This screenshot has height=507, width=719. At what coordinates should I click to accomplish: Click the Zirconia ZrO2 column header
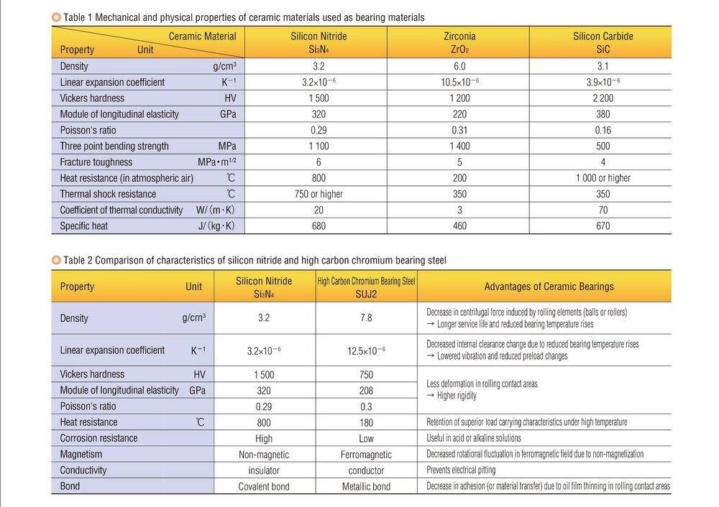tap(459, 42)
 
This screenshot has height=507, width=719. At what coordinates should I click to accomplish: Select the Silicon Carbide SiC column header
tap(603, 42)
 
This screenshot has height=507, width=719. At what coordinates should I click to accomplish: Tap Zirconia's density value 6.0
tap(459, 66)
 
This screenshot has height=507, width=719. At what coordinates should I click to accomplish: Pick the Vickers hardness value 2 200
tap(603, 98)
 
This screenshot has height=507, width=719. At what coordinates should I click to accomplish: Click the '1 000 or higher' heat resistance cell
tap(603, 178)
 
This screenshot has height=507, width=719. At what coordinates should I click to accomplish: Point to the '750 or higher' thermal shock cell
tap(318, 194)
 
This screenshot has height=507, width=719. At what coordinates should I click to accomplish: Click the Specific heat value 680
tap(318, 226)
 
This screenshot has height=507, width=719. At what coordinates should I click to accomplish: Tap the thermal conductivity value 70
tap(603, 210)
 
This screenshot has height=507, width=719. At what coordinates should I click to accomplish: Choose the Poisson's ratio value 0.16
tap(603, 131)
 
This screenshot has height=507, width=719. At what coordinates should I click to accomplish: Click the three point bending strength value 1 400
tap(459, 146)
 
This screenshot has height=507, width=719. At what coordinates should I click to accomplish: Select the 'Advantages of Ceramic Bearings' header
tap(549, 287)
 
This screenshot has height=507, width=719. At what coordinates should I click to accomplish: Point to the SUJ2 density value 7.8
tap(366, 318)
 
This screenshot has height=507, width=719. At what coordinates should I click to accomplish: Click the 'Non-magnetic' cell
tap(264, 455)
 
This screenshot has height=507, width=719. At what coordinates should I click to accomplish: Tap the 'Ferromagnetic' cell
tap(366, 455)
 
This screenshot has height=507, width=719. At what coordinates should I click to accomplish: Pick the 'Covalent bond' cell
tap(264, 487)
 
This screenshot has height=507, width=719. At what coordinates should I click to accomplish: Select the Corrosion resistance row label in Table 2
tap(99, 438)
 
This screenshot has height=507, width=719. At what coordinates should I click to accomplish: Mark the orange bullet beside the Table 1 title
tap(56, 17)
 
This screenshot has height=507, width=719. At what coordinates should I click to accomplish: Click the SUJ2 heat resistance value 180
tap(366, 422)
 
